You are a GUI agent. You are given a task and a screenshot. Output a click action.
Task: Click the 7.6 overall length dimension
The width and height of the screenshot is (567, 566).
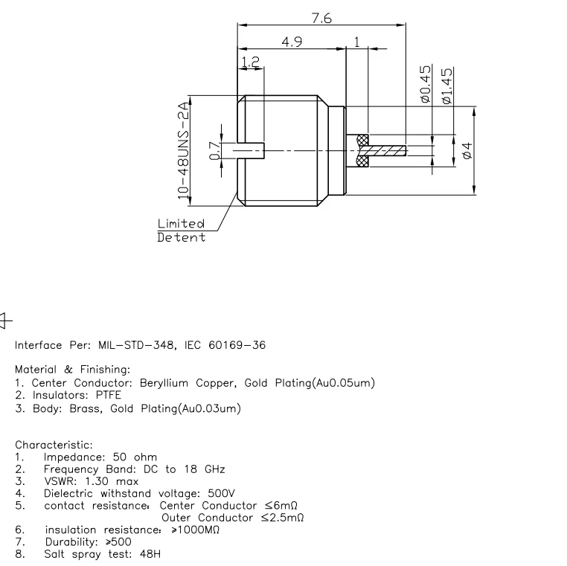tap(321, 19)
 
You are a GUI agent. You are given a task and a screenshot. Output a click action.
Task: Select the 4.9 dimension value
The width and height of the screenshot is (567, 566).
tap(291, 43)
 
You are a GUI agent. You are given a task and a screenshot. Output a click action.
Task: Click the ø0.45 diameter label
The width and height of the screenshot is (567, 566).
tap(426, 83)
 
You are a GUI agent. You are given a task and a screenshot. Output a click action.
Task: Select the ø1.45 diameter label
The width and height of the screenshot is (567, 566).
tap(447, 86)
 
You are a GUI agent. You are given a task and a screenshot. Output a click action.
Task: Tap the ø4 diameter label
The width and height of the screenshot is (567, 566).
tap(467, 150)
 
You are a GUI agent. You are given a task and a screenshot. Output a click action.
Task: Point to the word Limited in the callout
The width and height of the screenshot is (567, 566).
tap(181, 223)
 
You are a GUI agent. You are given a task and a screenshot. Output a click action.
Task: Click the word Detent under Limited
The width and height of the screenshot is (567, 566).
tap(181, 238)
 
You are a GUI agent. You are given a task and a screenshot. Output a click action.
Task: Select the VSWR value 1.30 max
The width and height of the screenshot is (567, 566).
tap(112, 480)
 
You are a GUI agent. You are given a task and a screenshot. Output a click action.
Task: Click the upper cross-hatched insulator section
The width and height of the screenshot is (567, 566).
tap(363, 140)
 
